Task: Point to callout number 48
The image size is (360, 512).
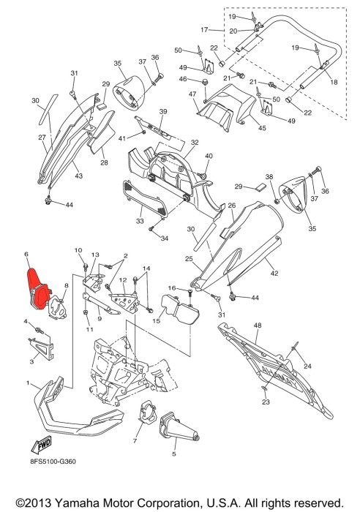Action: coord(257,324)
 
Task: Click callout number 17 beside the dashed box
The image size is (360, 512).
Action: coord(206,30)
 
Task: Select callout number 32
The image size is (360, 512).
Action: coord(195,142)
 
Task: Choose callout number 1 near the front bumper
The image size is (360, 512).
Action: coord(28,383)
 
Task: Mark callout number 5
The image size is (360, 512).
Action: coord(174,453)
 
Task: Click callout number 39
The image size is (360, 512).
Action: coord(163,111)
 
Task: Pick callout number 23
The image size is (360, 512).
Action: coord(266,402)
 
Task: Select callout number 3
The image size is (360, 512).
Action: coord(31,361)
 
